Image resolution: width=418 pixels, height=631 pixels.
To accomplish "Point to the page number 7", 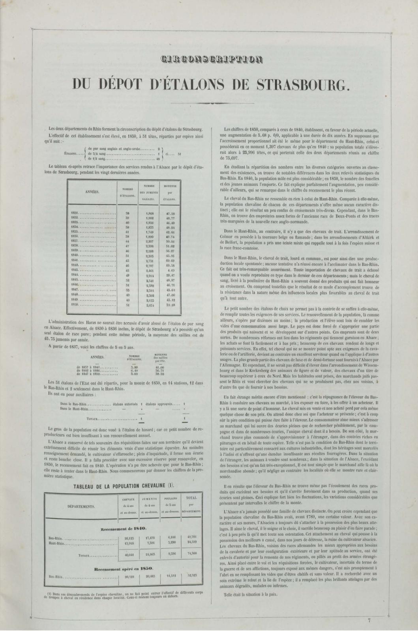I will pos(369,620).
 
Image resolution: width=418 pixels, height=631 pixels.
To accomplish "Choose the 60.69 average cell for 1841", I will pos(171,260).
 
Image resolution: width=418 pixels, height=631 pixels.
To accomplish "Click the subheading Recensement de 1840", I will pos(124,528).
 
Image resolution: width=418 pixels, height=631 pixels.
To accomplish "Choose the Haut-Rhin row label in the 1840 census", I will pos(56,543).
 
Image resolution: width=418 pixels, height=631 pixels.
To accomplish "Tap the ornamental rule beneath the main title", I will pos(209,104).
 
